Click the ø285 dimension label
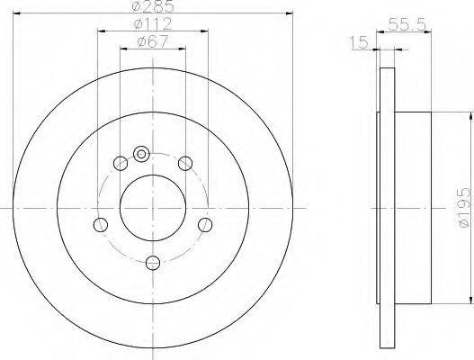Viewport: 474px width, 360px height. (153, 6)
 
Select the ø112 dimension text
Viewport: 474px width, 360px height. (153, 23)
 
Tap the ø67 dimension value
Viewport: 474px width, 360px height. (152, 41)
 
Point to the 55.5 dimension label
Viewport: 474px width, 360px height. (407, 24)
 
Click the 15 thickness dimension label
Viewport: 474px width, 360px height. (359, 42)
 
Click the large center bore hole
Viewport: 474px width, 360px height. (153, 208)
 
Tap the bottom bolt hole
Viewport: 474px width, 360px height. (153, 263)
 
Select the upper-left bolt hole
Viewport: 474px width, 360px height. (121, 164)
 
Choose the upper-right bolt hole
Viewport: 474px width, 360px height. (185, 164)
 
